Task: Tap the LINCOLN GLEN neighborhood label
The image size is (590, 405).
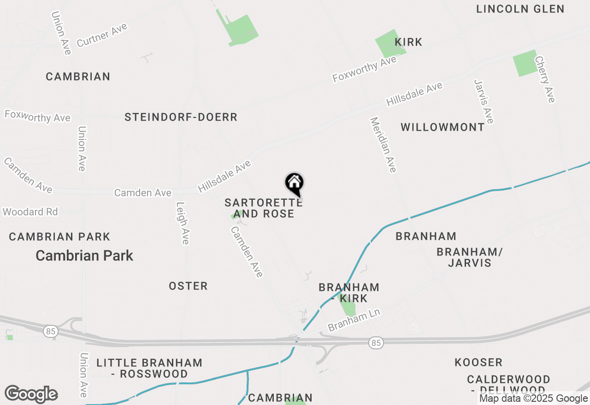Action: tap(520, 9)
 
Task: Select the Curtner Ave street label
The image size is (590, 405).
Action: tap(102, 35)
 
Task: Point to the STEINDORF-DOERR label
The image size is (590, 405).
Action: tap(181, 117)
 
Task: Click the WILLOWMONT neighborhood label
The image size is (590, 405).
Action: tap(442, 127)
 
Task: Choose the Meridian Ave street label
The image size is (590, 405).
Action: tap(383, 145)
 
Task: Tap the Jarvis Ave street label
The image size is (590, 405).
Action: tap(484, 101)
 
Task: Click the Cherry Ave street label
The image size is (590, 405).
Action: tap(544, 79)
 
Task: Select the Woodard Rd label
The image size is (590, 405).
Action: tap(30, 212)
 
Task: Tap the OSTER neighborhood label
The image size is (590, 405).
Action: tap(188, 286)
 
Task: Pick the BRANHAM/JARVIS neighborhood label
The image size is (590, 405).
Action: tap(469, 257)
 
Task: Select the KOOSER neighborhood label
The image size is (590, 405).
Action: tap(478, 362)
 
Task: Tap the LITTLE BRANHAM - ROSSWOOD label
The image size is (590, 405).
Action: tap(149, 368)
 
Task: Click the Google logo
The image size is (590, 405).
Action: tap(31, 394)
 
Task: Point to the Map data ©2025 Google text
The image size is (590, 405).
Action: tap(533, 399)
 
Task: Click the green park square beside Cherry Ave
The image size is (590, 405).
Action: tap(525, 63)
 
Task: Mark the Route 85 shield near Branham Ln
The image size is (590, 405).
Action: tap(376, 342)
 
